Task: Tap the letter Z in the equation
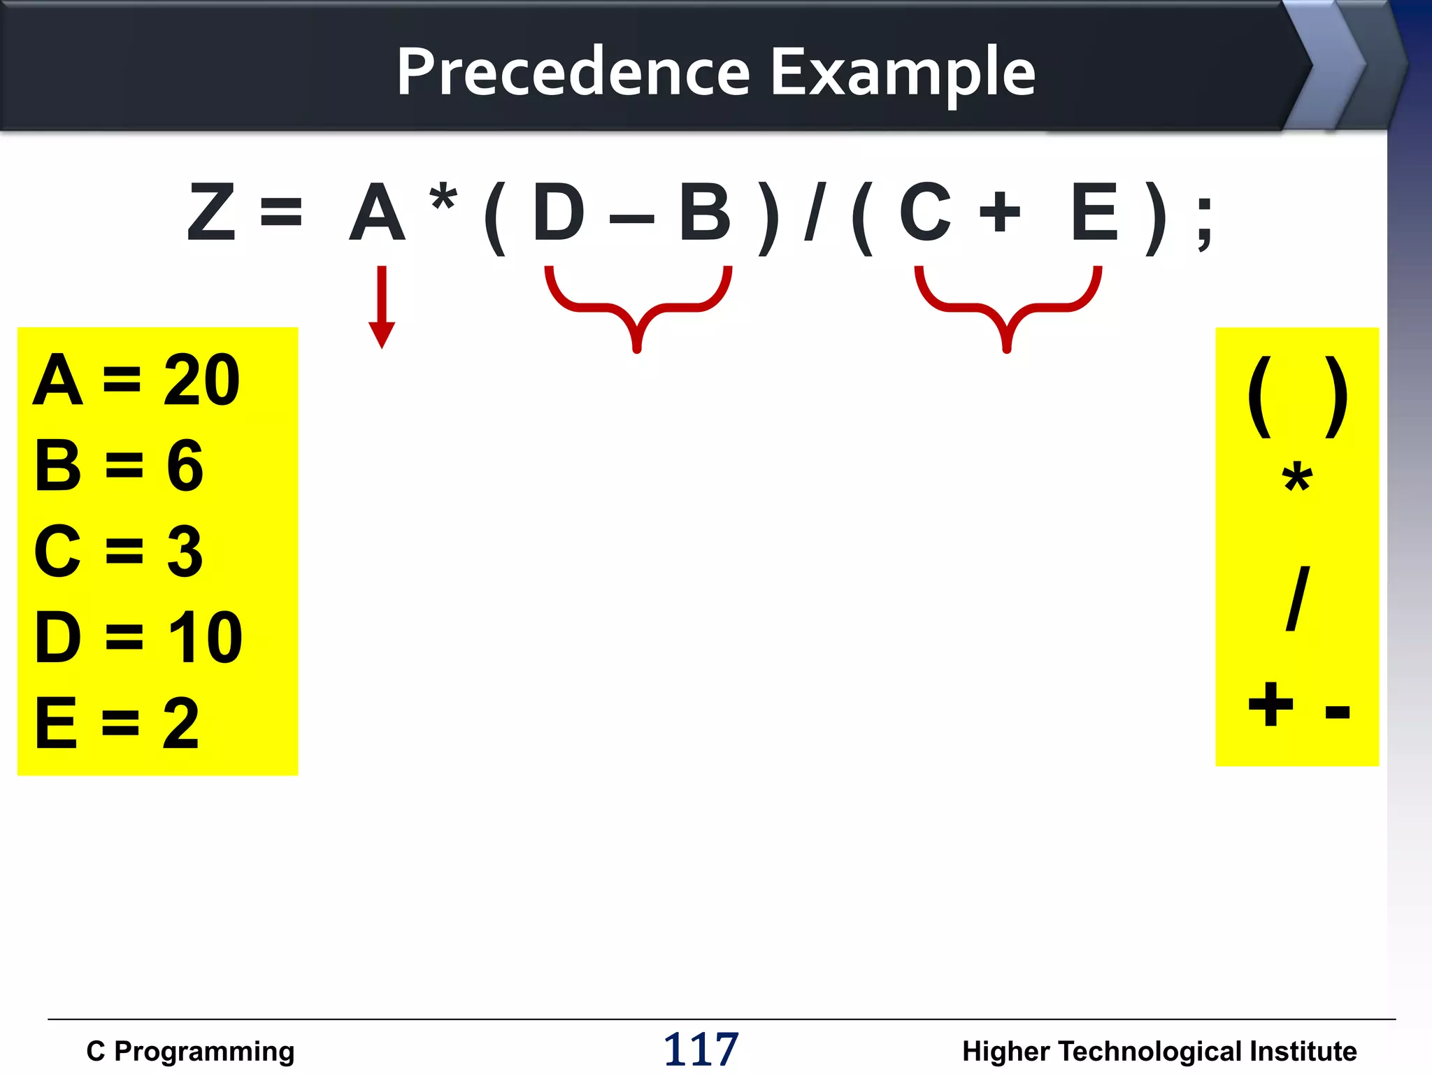211,212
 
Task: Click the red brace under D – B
638,308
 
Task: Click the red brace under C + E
1008,308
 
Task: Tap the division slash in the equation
815,212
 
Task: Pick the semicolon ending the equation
1204,222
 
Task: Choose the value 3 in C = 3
185,552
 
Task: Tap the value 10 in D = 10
206,637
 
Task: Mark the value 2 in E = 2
180,724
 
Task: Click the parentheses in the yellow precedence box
1298,397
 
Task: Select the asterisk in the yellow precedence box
1297,480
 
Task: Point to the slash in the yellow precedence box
1298,599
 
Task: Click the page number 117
701,1049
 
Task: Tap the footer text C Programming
190,1051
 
